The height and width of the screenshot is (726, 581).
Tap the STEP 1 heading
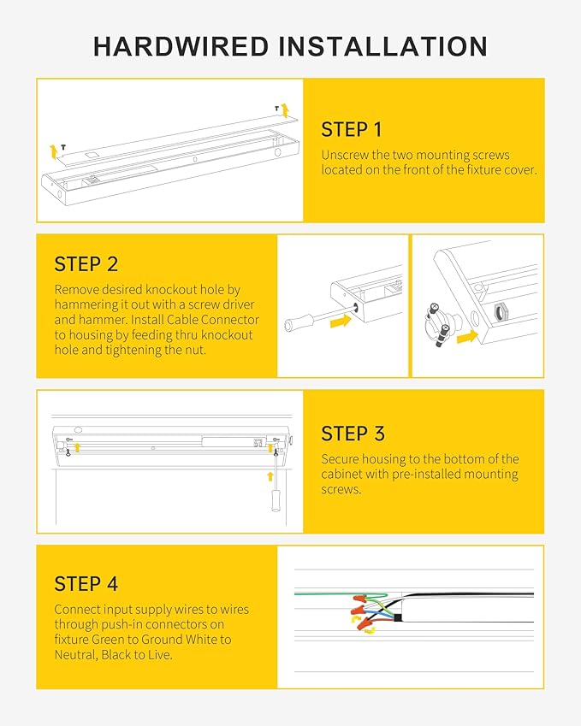tap(351, 130)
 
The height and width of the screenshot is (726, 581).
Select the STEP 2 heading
tap(86, 263)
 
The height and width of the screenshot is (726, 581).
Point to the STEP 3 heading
tap(353, 434)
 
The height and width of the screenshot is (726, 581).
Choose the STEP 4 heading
tap(86, 584)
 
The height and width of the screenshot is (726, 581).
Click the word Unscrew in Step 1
tap(344, 155)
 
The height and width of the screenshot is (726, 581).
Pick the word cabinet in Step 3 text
tap(343, 475)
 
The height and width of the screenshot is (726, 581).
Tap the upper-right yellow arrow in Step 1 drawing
tap(285, 109)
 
